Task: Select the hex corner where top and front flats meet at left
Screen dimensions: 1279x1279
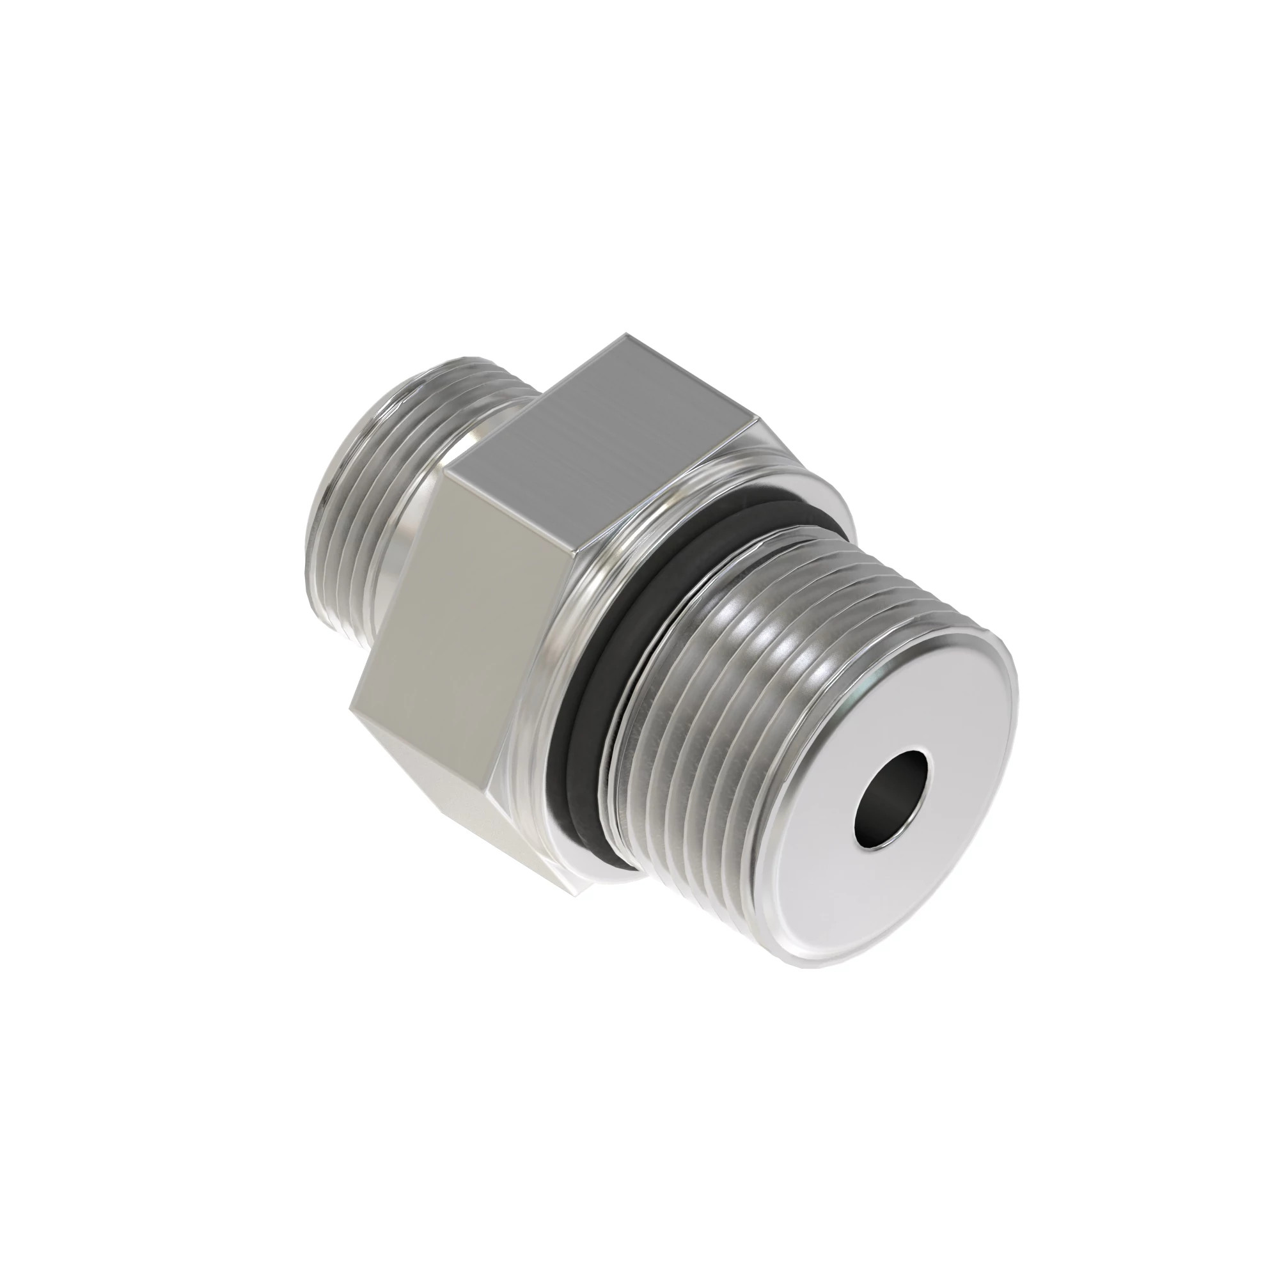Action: pos(445,471)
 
